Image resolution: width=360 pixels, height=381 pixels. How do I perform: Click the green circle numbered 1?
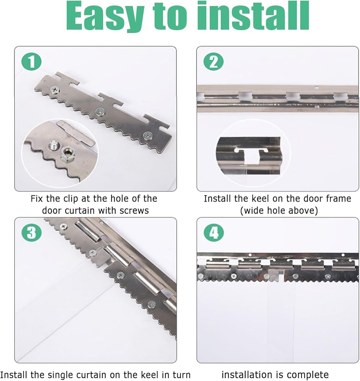tap(32, 62)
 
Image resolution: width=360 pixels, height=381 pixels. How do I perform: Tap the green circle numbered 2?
tap(214, 62)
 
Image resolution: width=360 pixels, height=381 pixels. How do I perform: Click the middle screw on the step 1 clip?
tap(100, 112)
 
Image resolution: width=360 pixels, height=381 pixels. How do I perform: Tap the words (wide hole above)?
tap(279, 210)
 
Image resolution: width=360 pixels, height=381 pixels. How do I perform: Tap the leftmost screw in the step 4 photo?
tap(201, 276)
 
